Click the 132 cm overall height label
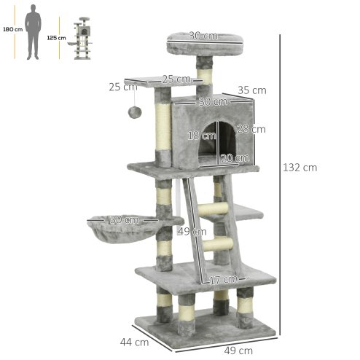point(300,167)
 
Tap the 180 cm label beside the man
point(12,29)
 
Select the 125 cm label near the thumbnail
point(56,36)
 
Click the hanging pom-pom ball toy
point(136,111)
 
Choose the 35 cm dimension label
point(252,90)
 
